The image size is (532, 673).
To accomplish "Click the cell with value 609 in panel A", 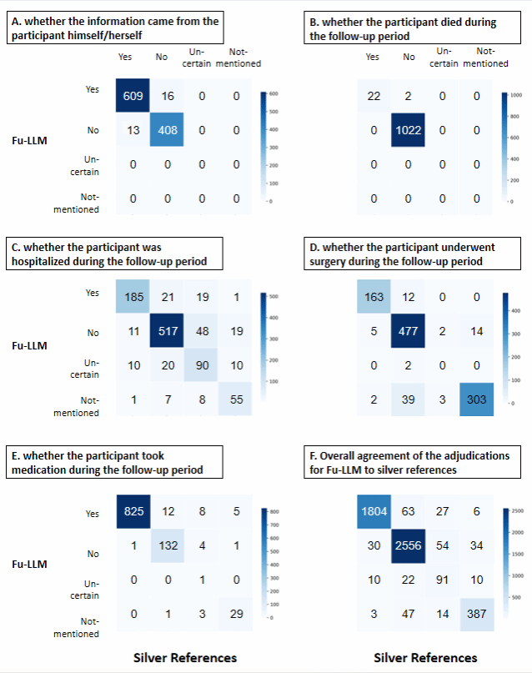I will click(x=133, y=97).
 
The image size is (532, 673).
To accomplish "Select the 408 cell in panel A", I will click(x=168, y=131).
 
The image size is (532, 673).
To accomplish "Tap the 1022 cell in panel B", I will click(x=408, y=131).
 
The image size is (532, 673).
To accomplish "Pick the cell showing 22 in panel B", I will click(x=374, y=97).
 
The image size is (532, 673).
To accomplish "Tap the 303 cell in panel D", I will click(x=476, y=401).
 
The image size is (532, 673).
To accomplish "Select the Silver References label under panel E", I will click(x=185, y=658).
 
